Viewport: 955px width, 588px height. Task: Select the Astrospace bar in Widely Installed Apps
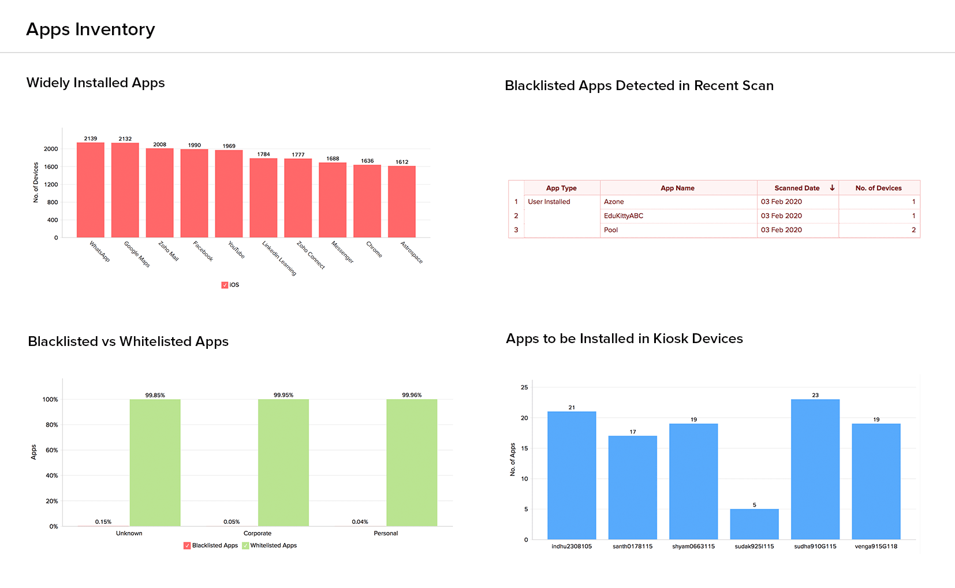(x=402, y=202)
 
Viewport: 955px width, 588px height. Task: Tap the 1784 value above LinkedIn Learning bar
(x=264, y=154)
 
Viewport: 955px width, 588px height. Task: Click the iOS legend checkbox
(x=225, y=285)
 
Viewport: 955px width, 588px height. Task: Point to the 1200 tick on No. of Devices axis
(x=51, y=185)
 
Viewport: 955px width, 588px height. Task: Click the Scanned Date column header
(x=797, y=188)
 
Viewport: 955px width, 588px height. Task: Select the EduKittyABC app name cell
(x=624, y=216)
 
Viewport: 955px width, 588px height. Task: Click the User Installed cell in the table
(x=549, y=202)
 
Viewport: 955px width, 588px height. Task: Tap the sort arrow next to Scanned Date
(x=832, y=188)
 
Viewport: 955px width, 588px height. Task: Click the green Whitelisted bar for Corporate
(x=283, y=462)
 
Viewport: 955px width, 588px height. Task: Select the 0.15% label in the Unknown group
(x=103, y=522)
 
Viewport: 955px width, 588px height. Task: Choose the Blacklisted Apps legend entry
(x=211, y=545)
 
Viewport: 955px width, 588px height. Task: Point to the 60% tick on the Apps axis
(x=52, y=451)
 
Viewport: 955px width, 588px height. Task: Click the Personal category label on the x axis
(x=386, y=533)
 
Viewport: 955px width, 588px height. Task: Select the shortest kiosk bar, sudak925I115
(x=754, y=524)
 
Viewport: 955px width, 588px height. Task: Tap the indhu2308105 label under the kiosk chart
(x=572, y=546)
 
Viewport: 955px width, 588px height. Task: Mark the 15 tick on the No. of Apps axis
(x=524, y=448)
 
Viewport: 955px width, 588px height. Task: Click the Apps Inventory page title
(x=91, y=29)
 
